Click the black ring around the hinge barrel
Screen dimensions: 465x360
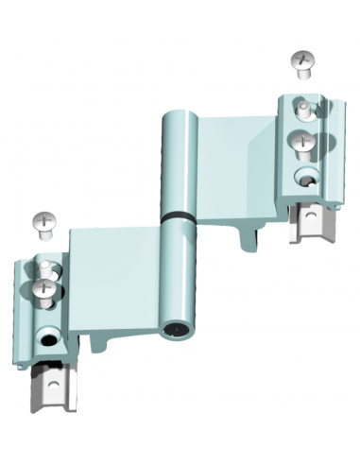tap(176, 216)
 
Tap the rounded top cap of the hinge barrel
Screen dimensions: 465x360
tap(177, 117)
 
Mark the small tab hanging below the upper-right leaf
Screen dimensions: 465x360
tap(248, 236)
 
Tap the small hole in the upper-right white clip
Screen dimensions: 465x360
tap(312, 220)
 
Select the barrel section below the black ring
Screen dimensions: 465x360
tap(176, 274)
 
